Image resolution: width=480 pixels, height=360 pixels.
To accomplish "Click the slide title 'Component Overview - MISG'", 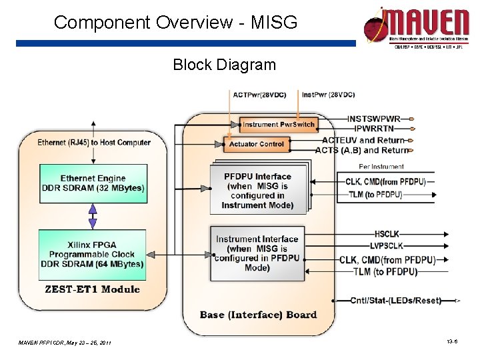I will pos(175,22).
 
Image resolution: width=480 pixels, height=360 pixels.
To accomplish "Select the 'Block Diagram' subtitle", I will pos(224,65).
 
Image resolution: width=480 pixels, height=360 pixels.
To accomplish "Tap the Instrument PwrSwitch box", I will pos(278,125).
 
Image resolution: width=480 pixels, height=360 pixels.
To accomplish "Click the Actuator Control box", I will pos(257,144).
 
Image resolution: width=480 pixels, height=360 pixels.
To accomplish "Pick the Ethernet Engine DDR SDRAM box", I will pos(93,183).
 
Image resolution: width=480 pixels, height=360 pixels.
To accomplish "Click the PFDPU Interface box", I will pos(259,191).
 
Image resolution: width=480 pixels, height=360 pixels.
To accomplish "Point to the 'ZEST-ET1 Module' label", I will pos(92,289).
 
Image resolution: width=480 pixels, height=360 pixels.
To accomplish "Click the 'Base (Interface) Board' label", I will pos(259,315).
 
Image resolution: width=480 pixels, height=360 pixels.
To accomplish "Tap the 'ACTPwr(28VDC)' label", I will pos(262,95).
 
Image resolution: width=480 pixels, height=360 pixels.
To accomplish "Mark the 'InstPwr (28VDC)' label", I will pos(329,95).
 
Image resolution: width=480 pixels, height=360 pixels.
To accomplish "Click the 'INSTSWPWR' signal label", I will pos(374,119).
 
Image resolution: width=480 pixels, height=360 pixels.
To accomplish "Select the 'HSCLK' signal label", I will pos(387,234).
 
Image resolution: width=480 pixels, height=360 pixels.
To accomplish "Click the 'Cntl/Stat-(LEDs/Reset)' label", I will pos(396,301).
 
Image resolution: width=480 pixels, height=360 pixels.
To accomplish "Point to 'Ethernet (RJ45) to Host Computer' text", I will pos(94,142).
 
